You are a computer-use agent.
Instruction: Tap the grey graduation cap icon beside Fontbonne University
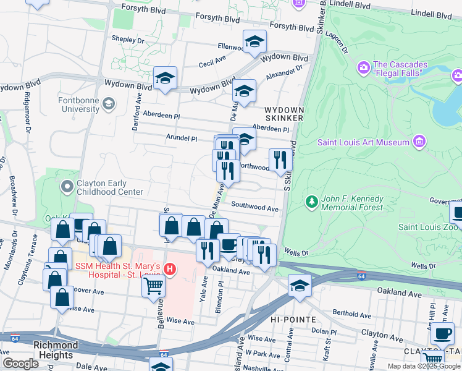109,103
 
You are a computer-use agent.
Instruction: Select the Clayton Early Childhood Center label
101,187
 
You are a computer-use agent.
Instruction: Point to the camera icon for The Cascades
363,66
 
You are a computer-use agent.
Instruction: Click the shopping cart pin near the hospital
153,286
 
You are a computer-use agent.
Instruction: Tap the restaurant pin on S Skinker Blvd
280,160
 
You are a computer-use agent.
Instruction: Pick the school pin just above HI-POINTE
300,286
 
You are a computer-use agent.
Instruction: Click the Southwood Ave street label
255,208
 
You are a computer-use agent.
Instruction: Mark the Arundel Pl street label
181,139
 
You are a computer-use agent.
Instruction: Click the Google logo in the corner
20,364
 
